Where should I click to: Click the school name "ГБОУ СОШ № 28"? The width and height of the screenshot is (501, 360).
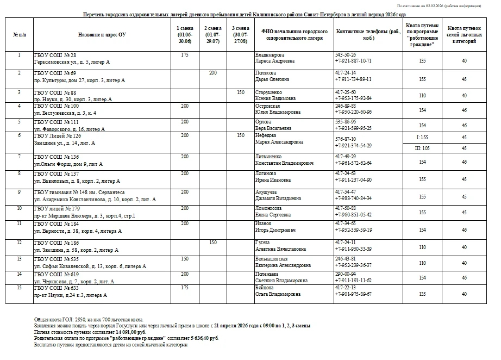tap(55, 55)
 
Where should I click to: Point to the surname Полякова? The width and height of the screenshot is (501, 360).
tap(266, 73)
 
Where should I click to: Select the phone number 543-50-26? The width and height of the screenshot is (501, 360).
tap(346, 55)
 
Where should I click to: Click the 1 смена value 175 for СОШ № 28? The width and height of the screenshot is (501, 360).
tap(185, 55)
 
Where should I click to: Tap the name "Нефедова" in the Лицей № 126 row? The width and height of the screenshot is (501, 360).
tap(267, 135)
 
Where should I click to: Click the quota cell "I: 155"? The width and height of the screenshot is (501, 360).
tap(422, 138)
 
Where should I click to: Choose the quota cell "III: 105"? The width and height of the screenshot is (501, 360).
tap(422, 148)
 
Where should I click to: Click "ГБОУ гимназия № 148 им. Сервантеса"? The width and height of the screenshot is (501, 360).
tap(79, 192)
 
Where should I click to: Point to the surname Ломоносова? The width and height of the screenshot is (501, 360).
tap(269, 208)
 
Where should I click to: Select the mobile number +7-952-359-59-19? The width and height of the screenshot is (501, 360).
tap(354, 230)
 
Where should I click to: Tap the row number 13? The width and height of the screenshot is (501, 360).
tap(19, 259)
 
